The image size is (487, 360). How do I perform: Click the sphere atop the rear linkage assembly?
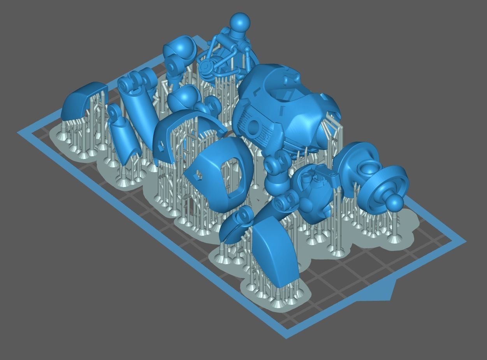click(x=240, y=23)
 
